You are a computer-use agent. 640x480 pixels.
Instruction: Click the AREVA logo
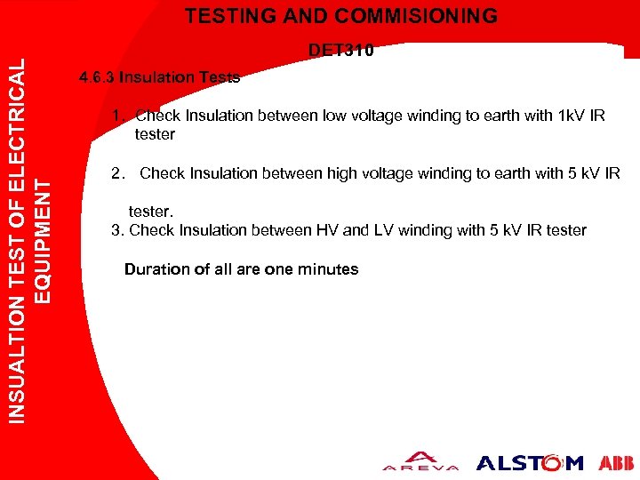(420, 462)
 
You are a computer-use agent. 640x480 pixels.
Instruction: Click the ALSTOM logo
(530, 463)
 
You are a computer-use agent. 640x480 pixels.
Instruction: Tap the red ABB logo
(616, 463)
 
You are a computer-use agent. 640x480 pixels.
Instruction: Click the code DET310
(341, 51)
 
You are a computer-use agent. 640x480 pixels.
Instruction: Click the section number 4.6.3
(97, 77)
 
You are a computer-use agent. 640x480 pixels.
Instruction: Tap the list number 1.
(116, 116)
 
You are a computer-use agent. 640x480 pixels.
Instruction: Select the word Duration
(155, 269)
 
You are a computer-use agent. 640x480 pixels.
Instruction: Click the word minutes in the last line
(328, 269)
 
